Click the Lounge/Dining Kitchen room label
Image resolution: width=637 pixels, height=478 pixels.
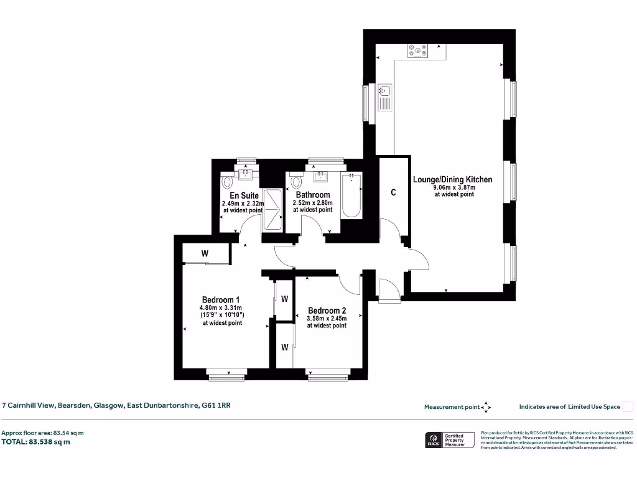(452, 179)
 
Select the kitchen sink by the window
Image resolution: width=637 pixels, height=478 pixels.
(385, 97)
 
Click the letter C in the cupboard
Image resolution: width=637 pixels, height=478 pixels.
(393, 192)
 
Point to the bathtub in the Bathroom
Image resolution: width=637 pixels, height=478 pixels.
(351, 195)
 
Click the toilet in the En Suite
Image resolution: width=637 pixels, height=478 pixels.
(227, 182)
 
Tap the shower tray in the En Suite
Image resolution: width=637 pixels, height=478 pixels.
(272, 209)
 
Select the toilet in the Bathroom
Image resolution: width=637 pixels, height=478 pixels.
(296, 182)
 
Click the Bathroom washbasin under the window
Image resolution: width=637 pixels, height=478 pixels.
(321, 176)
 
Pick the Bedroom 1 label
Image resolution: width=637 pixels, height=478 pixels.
(221, 299)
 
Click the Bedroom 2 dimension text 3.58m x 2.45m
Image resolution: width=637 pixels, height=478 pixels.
(327, 318)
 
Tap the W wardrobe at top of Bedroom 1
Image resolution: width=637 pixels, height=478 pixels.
(205, 254)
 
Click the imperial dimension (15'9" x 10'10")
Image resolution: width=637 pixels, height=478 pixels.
(221, 315)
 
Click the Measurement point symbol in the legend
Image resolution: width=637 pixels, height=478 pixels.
(486, 407)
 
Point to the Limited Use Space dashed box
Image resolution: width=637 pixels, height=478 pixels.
(628, 406)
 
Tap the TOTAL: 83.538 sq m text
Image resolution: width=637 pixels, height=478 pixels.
(36, 442)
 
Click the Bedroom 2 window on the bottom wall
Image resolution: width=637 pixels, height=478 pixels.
(327, 375)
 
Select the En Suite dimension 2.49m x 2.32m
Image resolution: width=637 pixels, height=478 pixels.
(243, 203)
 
